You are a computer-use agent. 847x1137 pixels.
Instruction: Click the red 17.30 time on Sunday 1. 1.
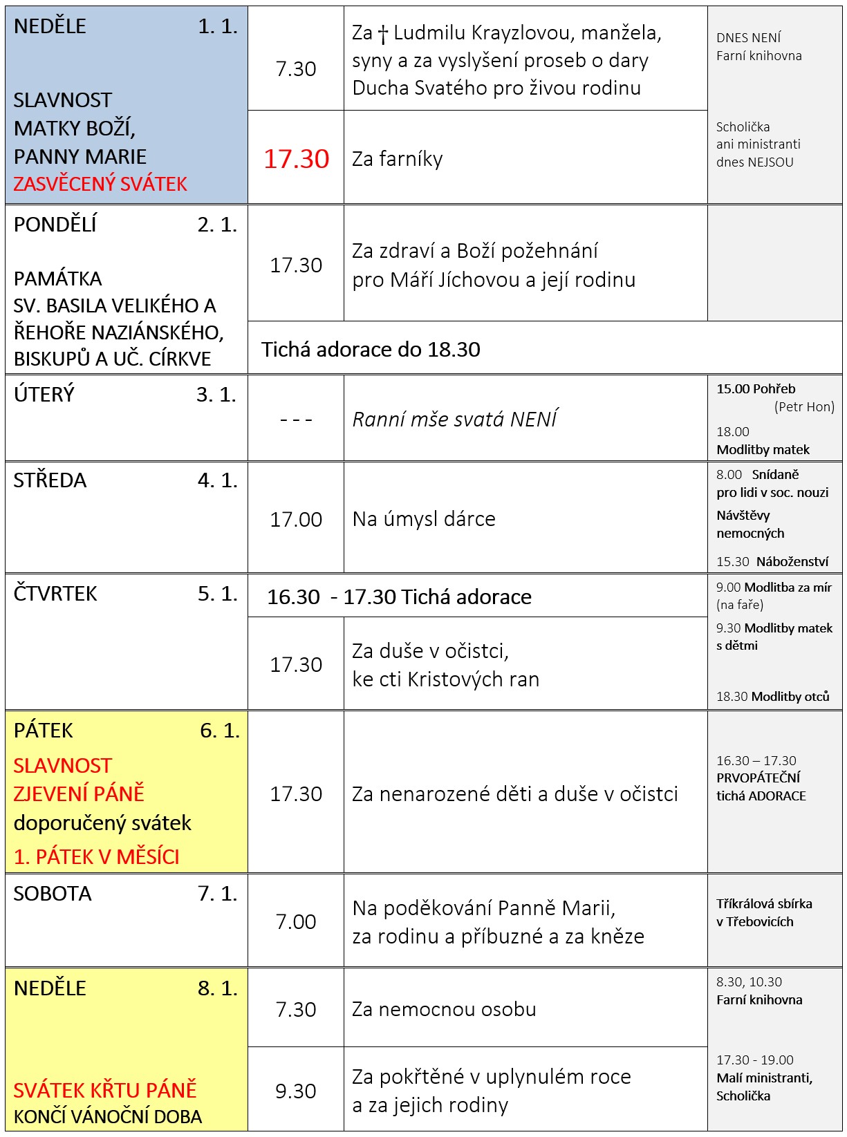(x=296, y=159)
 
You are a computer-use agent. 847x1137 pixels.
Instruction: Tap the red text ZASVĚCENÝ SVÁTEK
(x=100, y=184)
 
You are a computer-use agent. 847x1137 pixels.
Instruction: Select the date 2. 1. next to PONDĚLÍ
(x=217, y=225)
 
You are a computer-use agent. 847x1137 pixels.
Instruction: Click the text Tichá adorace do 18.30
(x=371, y=350)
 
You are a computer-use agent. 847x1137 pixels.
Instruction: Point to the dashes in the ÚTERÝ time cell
(x=296, y=420)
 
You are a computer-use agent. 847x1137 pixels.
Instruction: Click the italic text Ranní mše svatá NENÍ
(x=454, y=420)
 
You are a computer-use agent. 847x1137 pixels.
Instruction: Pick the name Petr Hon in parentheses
(x=804, y=407)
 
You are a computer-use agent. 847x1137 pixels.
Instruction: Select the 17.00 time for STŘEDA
(x=296, y=519)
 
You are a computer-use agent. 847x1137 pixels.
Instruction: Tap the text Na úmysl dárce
(x=424, y=519)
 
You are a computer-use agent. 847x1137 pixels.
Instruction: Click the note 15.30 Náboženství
(x=772, y=561)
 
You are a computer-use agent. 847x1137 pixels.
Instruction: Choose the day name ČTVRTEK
(x=55, y=594)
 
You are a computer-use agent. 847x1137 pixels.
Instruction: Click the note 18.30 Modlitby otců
(x=772, y=696)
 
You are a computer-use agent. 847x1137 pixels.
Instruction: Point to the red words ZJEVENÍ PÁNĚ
(x=79, y=793)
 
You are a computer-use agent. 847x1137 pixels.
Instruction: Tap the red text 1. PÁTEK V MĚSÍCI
(x=96, y=857)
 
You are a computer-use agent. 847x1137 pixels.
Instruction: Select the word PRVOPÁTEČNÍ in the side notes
(x=758, y=778)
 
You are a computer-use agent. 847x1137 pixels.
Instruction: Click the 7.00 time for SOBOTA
(x=296, y=921)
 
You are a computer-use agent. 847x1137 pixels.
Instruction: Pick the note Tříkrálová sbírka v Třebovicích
(x=763, y=912)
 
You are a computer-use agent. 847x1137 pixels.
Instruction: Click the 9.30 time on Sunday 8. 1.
(x=296, y=1091)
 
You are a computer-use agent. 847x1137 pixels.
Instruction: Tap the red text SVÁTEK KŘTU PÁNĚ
(x=105, y=1090)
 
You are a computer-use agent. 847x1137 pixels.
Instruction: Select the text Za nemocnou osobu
(x=444, y=1009)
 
